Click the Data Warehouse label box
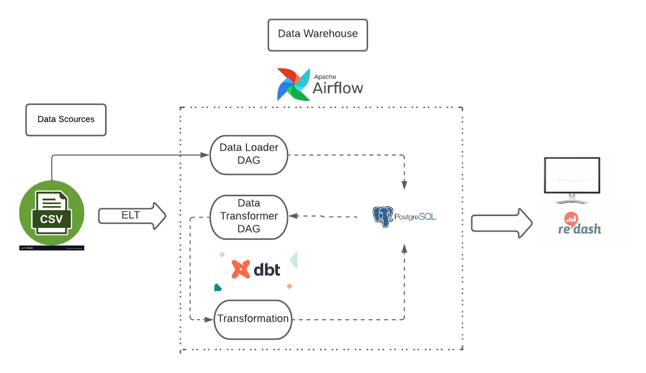(x=318, y=35)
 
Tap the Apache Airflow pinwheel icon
(x=293, y=84)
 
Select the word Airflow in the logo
(x=338, y=88)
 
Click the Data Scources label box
(x=66, y=120)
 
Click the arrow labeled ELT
(x=132, y=216)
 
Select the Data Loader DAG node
(x=249, y=155)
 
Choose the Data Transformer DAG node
(x=249, y=217)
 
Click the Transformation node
(x=253, y=319)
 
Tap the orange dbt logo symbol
(x=241, y=269)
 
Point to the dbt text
(x=267, y=269)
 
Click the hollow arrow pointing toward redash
(x=502, y=223)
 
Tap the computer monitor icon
(x=572, y=180)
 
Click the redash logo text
(x=580, y=229)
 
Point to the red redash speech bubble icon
(x=572, y=219)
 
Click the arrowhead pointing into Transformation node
(x=210, y=320)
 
